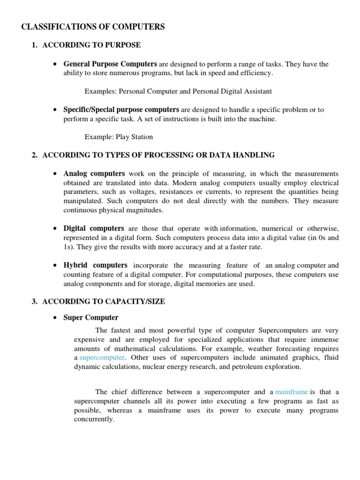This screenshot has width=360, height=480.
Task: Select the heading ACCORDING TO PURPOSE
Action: tap(91, 45)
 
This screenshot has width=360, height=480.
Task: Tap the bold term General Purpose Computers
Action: tap(110, 64)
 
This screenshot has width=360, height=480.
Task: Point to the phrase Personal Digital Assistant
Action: tap(232, 91)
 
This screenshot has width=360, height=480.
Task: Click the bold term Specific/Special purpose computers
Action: tap(121, 110)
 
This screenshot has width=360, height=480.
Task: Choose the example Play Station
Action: tap(135, 137)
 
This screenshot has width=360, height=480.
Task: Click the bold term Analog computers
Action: tap(94, 173)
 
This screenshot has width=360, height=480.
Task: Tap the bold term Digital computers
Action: tap(94, 228)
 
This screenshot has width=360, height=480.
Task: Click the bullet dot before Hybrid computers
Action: tap(56, 265)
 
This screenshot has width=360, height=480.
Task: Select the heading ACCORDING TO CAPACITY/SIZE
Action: tap(104, 301)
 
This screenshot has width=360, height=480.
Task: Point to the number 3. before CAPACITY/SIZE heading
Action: tap(35, 301)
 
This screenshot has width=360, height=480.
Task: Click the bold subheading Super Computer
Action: tap(91, 318)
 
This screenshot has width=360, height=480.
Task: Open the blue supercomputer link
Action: tap(102, 358)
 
